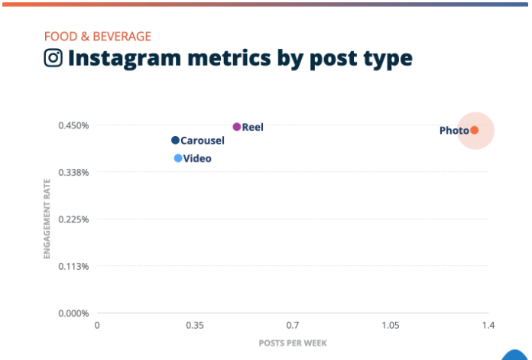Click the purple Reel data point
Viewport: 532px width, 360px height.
click(237, 127)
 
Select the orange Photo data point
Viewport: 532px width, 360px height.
click(474, 130)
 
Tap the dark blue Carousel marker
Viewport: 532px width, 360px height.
click(175, 140)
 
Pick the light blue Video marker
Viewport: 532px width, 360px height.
click(178, 158)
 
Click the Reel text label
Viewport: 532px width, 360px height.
click(253, 127)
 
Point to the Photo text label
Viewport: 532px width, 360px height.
click(454, 131)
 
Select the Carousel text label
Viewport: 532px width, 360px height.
click(203, 141)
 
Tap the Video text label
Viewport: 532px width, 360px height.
click(197, 159)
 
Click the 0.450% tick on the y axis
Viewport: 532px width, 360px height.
click(75, 125)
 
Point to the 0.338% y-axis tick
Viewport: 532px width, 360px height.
click(75, 172)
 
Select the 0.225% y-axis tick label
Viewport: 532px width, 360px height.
click(75, 219)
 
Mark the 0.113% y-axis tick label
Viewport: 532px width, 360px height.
click(75, 266)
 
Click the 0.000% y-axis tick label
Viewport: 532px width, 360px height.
click(75, 313)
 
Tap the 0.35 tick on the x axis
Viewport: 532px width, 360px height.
click(195, 326)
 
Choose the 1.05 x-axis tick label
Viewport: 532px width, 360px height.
click(391, 326)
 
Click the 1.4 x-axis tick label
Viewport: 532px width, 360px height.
click(488, 326)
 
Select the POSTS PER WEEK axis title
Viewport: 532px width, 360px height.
click(293, 343)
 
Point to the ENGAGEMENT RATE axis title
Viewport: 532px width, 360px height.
click(47, 219)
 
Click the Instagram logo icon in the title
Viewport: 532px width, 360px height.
click(53, 58)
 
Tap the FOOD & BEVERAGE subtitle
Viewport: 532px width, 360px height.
click(97, 36)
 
